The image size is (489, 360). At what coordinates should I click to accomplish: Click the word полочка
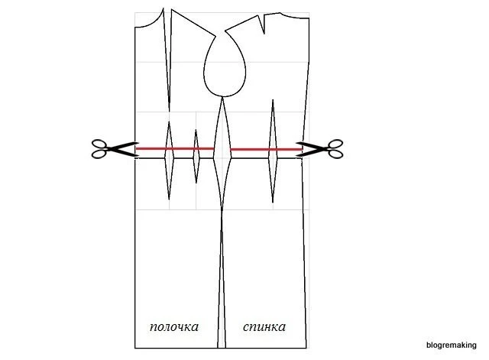point(174,327)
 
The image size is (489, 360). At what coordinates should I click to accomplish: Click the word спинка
point(264,326)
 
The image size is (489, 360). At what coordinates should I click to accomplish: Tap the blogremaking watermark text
point(452,345)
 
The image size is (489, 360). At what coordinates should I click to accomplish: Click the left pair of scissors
point(115,149)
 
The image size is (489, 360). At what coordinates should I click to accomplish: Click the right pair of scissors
point(320,149)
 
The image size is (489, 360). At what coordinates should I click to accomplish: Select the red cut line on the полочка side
point(175,148)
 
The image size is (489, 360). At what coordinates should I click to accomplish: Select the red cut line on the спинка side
point(266,150)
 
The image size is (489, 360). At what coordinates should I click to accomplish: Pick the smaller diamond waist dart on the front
point(196,156)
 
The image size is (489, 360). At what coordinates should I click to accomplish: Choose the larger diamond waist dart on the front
point(169,160)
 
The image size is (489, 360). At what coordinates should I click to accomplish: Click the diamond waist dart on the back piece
point(273,151)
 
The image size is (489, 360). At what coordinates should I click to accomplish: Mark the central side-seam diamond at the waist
point(222,153)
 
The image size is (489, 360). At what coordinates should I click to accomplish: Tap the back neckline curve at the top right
point(295,15)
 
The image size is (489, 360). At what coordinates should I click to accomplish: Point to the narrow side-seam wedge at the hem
point(222,281)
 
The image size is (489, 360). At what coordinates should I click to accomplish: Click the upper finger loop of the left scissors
point(99,144)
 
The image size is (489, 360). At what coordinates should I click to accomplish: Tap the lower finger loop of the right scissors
point(335,154)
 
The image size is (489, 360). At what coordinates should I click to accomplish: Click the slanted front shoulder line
point(193,22)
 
